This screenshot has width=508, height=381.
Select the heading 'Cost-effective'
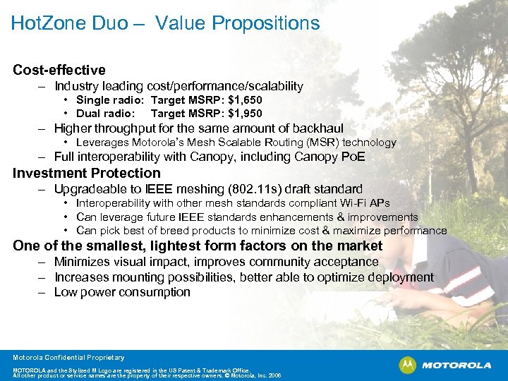pyautogui.click(x=59, y=70)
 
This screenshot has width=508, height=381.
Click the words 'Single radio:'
pyautogui.click(x=109, y=100)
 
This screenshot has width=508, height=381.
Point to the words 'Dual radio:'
pyautogui.click(x=105, y=113)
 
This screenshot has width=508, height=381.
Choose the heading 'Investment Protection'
pyautogui.click(x=87, y=173)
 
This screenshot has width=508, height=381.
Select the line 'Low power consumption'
pyautogui.click(x=122, y=292)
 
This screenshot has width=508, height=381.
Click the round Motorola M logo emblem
pyautogui.click(x=407, y=365)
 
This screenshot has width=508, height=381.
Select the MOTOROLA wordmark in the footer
pyautogui.click(x=455, y=365)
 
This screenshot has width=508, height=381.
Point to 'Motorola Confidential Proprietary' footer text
pyautogui.click(x=68, y=358)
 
